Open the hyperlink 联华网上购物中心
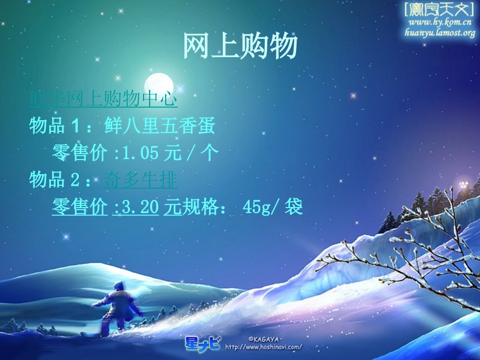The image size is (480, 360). pos(103,99)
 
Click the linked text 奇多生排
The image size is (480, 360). pos(140,179)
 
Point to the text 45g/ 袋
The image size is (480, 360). pos(272,207)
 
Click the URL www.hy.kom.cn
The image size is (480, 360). pos(440,22)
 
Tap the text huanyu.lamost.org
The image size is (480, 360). pos(440,33)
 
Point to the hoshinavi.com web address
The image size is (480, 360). pos(263,347)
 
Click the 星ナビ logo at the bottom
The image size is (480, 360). pos(202,343)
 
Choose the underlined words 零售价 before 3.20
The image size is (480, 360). pos(80,207)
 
